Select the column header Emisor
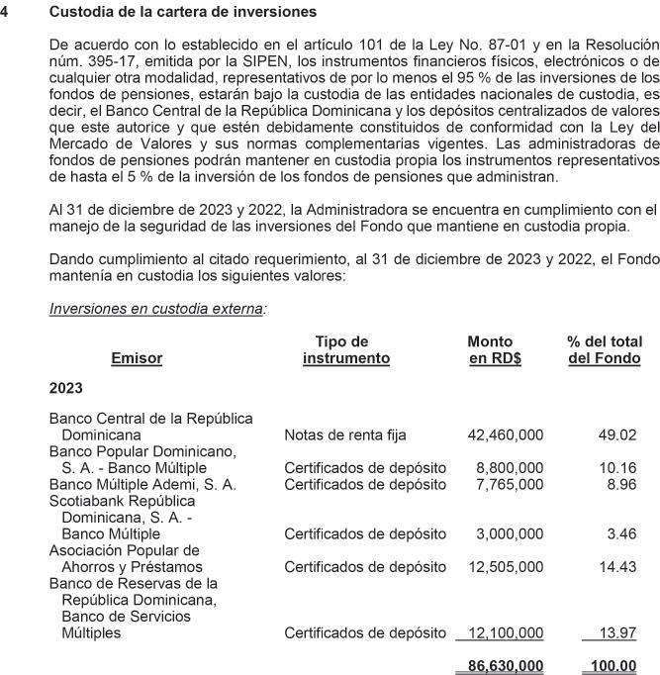[x=137, y=358]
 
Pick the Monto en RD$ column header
[x=494, y=349]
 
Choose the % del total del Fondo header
[x=604, y=349]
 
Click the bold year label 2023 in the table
[x=66, y=388]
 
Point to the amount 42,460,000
[x=505, y=434]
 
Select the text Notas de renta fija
[x=345, y=434]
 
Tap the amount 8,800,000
[x=510, y=467]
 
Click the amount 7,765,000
[x=510, y=484]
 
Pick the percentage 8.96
[x=620, y=484]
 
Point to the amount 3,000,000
[x=510, y=534]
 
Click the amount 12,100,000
[x=505, y=633]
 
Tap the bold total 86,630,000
[x=505, y=665]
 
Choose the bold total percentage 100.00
[x=613, y=665]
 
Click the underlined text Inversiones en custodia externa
[x=156, y=309]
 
